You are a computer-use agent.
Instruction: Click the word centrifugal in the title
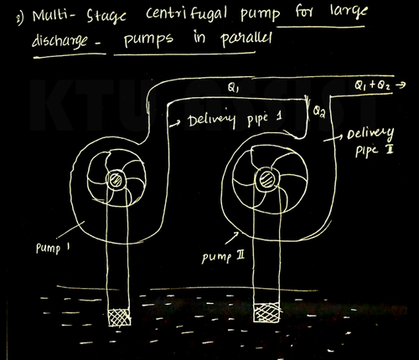click(186, 14)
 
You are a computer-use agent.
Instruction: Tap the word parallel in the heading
click(246, 39)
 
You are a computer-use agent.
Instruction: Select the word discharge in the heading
click(59, 41)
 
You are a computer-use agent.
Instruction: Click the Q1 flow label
click(233, 88)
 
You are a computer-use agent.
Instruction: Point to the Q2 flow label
click(319, 111)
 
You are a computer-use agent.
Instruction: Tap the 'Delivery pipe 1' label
click(235, 120)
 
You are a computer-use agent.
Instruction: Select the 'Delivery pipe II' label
click(370, 142)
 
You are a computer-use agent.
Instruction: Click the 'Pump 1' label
click(53, 248)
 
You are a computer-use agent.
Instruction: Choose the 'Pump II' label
click(223, 257)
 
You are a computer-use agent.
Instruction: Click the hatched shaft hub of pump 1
click(116, 180)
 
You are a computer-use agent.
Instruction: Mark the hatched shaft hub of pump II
click(266, 179)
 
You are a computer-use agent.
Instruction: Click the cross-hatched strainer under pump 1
click(119, 317)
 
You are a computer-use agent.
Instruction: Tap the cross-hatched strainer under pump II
click(266, 312)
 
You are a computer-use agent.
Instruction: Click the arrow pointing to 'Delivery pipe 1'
click(175, 124)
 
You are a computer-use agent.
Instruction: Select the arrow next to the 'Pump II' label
click(231, 238)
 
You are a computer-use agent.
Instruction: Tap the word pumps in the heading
click(148, 39)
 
